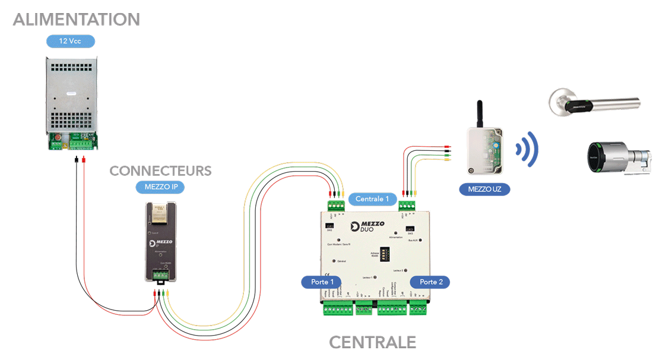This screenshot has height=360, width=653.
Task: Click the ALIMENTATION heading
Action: coord(76,19)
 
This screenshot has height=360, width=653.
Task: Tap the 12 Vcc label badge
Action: coord(71,41)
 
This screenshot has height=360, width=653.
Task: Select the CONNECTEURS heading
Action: coord(160,171)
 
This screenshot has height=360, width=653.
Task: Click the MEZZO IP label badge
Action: coord(160,187)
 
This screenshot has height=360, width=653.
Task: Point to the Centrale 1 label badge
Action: coord(372,198)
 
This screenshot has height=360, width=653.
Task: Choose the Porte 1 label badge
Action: coord(323,282)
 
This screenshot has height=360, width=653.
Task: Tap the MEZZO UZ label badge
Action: coord(484,190)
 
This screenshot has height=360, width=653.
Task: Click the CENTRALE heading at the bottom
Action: coord(372,342)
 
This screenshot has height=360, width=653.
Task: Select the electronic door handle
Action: coord(594,103)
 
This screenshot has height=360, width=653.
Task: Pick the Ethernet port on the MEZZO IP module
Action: coord(160,213)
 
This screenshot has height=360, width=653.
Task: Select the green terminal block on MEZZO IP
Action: coord(160,275)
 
